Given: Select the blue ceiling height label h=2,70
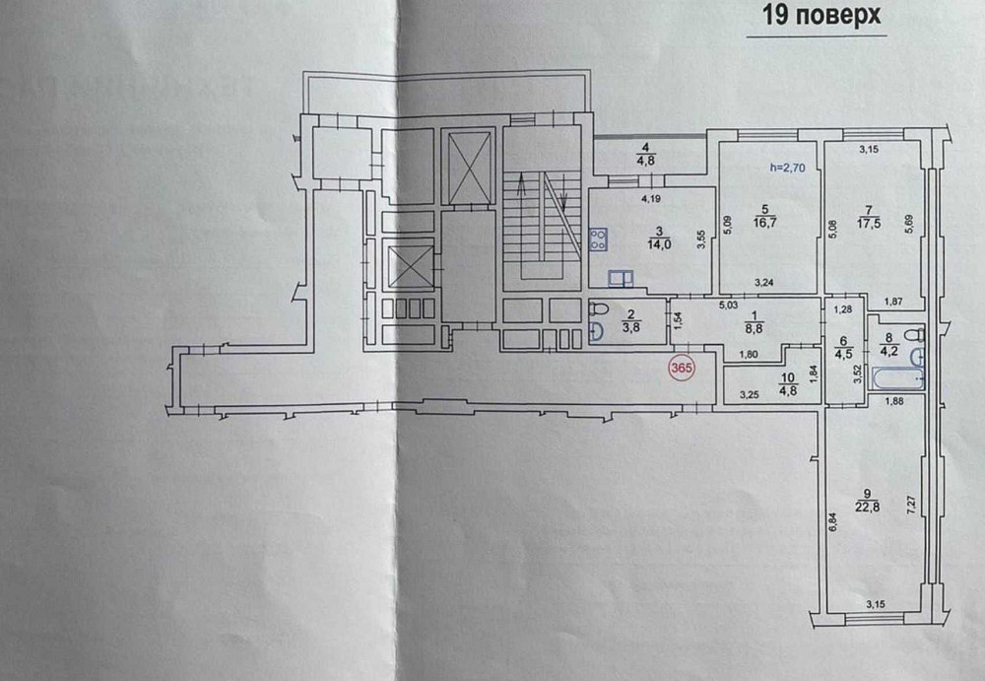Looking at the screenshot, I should point(787,168).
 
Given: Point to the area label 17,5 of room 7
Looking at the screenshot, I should point(868,223).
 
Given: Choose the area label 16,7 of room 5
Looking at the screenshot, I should point(762,223).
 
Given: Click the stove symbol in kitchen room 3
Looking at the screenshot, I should point(597,238).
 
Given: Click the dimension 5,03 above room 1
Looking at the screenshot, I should point(727,306).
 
